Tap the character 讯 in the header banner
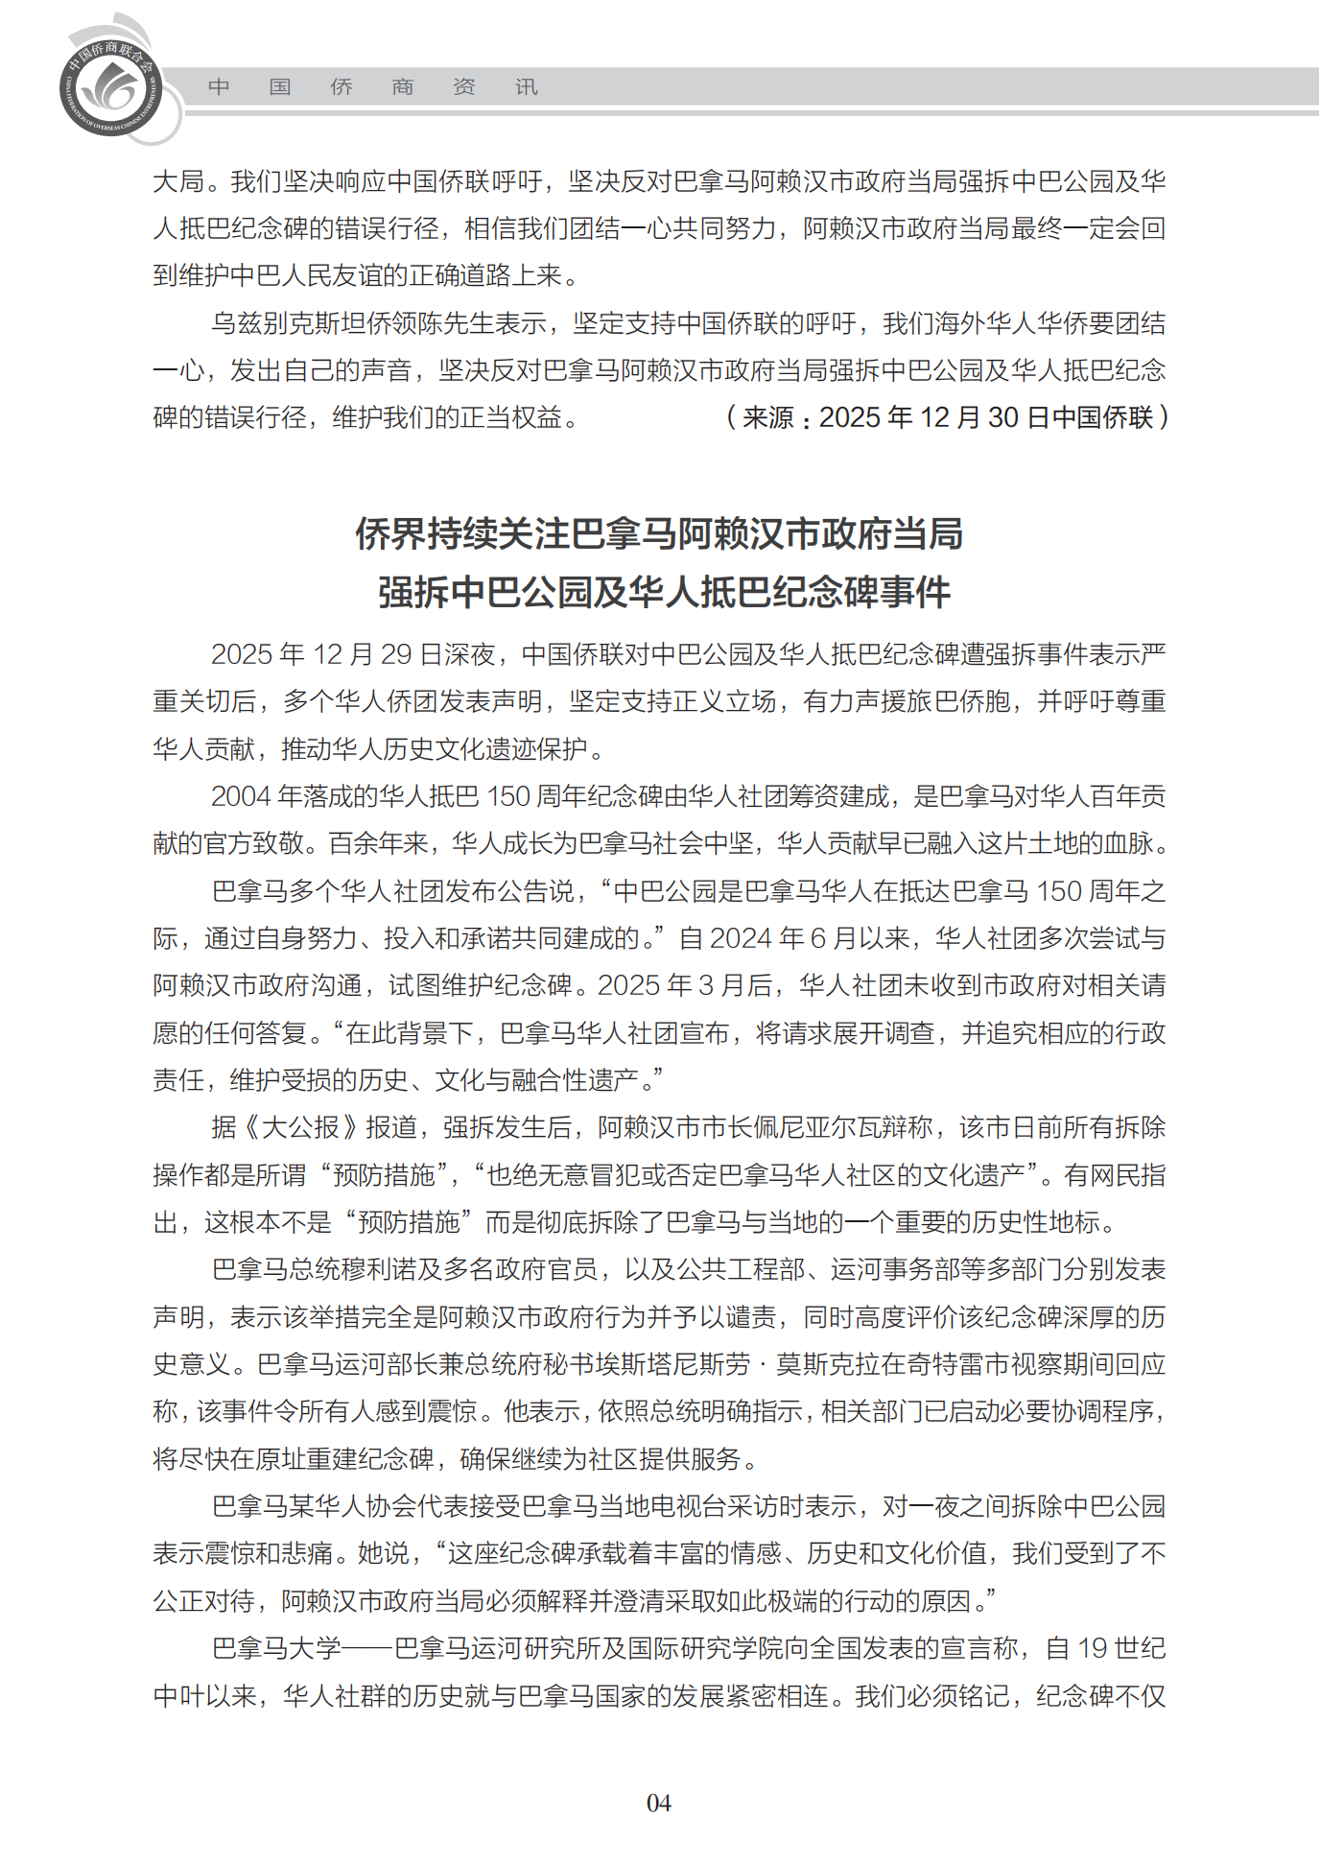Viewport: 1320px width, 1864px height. click(x=527, y=87)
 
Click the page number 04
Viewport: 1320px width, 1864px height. click(x=659, y=1803)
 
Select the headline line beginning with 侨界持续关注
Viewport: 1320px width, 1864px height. click(x=659, y=533)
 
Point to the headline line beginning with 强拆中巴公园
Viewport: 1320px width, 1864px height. click(x=664, y=592)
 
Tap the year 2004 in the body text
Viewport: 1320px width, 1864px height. click(x=241, y=796)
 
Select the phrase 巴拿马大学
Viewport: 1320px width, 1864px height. click(x=276, y=1648)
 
